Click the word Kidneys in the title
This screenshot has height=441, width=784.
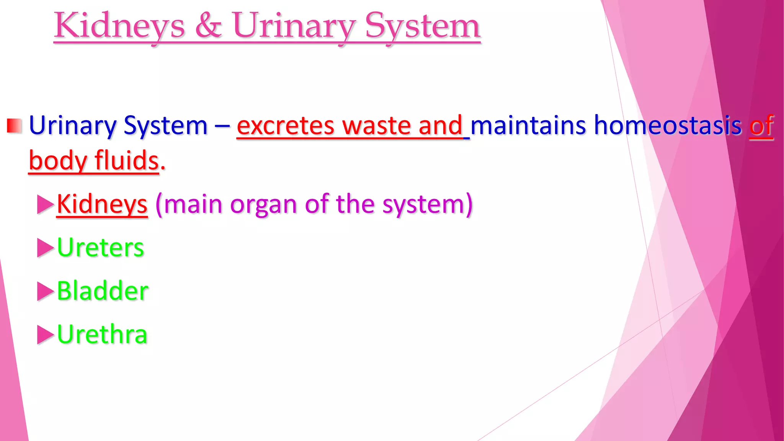(x=119, y=26)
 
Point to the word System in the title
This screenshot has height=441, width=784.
(x=422, y=26)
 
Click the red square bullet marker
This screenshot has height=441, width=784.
(x=14, y=126)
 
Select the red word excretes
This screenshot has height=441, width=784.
(x=285, y=126)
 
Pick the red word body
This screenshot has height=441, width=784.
(x=58, y=161)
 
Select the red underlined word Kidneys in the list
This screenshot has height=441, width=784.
(x=102, y=205)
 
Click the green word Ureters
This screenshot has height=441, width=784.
(x=100, y=248)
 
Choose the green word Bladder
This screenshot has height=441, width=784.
(x=103, y=291)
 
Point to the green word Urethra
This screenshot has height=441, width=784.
(x=102, y=334)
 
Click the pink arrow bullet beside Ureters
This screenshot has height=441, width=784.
(x=45, y=248)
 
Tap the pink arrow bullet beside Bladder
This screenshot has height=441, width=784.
(x=45, y=291)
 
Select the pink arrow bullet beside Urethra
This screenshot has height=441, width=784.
(x=45, y=335)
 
